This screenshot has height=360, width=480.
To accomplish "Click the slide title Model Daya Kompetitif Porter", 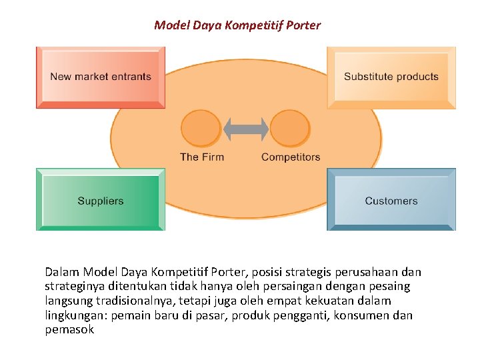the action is (x=237, y=25).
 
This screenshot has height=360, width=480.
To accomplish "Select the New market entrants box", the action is (x=101, y=77).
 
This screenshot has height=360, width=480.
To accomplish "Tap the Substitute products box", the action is (x=391, y=77).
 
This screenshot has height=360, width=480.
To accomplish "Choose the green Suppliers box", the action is (x=101, y=200).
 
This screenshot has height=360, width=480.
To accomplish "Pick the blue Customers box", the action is (x=391, y=200).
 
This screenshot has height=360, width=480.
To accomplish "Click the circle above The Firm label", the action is (x=201, y=128).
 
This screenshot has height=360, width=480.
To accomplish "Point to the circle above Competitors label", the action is (x=290, y=128).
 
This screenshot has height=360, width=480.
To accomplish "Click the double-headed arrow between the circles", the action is (x=245, y=129).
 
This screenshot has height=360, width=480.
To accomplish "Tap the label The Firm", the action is (x=202, y=157).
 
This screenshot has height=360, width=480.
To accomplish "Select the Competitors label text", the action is (x=291, y=157).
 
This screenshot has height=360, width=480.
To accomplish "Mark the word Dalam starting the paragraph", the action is (x=61, y=272).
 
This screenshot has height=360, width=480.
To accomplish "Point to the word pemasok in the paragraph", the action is (x=69, y=329).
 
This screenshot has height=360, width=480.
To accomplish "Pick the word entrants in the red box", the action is (x=132, y=77).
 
